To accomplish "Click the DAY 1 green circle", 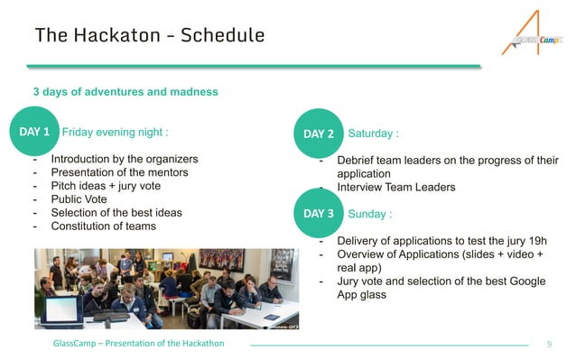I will pyautogui.click(x=33, y=132).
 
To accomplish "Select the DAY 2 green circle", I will pyautogui.click(x=319, y=134).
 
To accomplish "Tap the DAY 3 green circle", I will pyautogui.click(x=319, y=214).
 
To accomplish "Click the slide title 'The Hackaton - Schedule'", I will pyautogui.click(x=149, y=35).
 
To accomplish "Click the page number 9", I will pyautogui.click(x=550, y=345).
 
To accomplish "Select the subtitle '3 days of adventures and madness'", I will pyautogui.click(x=125, y=92).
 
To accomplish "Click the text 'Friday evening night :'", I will pyautogui.click(x=115, y=132).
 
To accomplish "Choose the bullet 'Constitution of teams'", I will pyautogui.click(x=103, y=226).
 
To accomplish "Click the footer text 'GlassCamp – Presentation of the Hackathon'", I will pyautogui.click(x=138, y=345).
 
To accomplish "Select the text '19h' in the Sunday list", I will pyautogui.click(x=532, y=242).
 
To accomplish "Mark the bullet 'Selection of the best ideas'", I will pyautogui.click(x=116, y=213).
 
